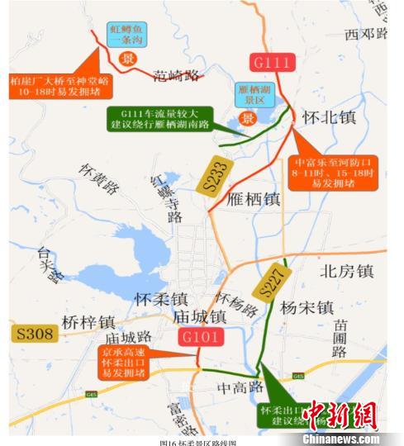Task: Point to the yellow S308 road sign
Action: point(33,334)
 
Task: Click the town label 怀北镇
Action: point(329,118)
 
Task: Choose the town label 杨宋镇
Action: point(307,307)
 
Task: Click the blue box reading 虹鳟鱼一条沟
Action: point(129,34)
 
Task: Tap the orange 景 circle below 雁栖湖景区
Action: point(246,118)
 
